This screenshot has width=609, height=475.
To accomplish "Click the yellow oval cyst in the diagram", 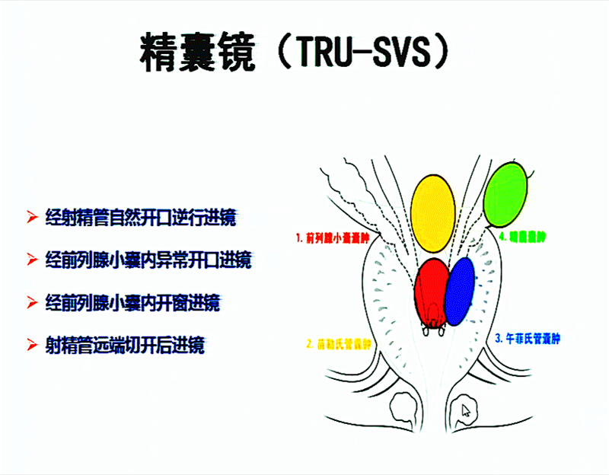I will [432, 212].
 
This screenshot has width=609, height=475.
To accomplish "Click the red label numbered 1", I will [332, 237].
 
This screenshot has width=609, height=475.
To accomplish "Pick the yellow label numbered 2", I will [339, 343].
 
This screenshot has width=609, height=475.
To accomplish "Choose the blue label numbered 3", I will [528, 337].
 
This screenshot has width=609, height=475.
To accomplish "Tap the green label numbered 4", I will [523, 237].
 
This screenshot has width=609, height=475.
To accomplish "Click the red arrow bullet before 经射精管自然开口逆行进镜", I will [32, 218].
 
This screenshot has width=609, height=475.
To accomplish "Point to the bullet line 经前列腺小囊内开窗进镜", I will [132, 303].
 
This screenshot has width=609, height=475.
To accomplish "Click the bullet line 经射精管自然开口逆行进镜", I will [140, 218].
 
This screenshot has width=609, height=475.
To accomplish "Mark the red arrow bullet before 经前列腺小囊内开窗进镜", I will [32, 303].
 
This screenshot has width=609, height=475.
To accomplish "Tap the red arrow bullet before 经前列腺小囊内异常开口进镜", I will [32, 260].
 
